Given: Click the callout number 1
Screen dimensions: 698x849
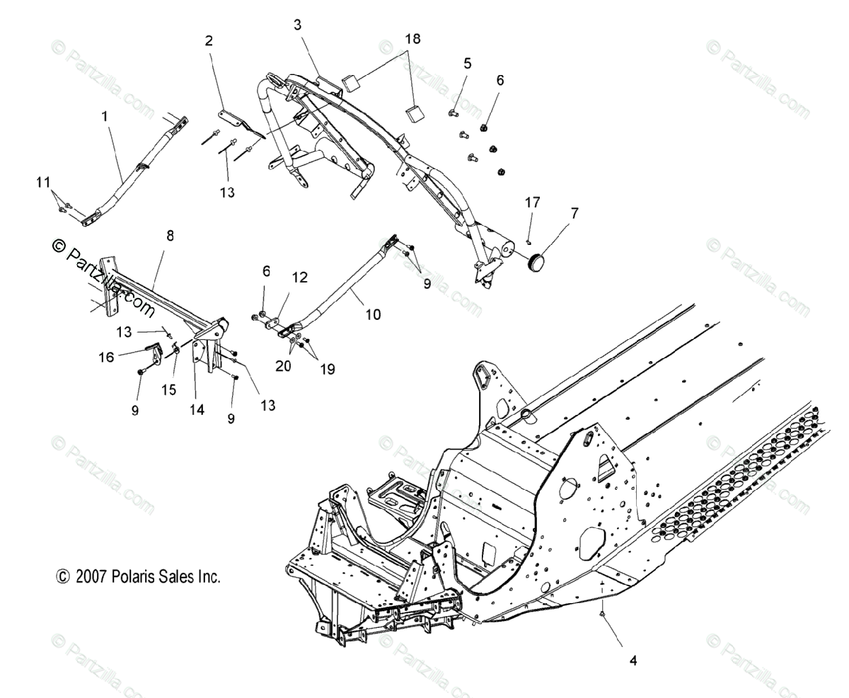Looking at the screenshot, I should pos(105,115).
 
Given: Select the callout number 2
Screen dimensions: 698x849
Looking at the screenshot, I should pos(209,41).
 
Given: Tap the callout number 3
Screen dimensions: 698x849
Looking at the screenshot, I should pos(297,25).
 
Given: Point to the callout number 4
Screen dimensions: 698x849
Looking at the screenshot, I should pos(633,661).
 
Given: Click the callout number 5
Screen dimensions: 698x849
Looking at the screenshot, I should pos(467,63).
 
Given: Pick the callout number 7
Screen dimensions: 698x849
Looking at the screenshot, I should pos(574,212).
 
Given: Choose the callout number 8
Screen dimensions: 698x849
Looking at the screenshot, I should pos(170,236).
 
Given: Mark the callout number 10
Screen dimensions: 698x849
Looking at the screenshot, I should pos(373,314).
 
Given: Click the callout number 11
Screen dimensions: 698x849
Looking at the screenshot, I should pos(44,183).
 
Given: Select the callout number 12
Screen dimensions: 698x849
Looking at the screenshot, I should pos(300,278).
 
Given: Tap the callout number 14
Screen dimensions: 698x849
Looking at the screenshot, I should pos(197,410).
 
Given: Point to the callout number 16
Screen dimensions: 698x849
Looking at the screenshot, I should pos(107,358).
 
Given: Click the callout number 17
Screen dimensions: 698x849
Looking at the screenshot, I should pos(532,202).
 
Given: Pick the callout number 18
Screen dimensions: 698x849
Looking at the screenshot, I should pos(412,39).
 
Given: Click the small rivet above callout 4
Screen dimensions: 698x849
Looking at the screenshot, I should pos(602,615).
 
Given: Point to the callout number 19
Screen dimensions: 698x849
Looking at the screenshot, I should pos(326,369).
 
